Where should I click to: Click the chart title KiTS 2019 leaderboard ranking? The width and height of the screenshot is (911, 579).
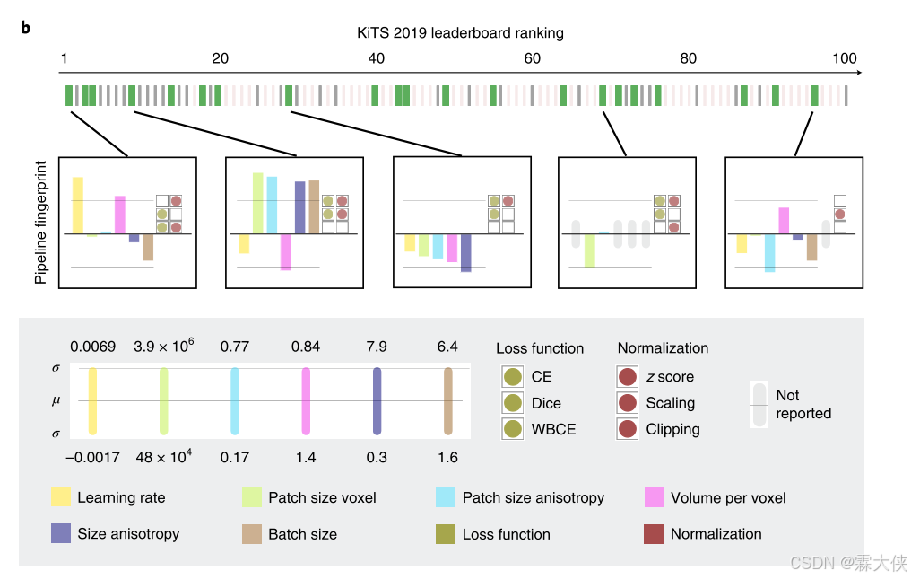coord(459,33)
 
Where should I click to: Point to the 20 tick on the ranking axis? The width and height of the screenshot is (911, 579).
coord(220,59)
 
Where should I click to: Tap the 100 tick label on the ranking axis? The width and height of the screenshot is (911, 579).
coord(844,59)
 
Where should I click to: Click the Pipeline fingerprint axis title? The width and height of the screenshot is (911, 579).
coord(41,224)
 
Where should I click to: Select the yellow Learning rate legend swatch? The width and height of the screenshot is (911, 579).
coord(61,497)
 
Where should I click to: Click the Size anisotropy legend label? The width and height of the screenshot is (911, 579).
coord(128,534)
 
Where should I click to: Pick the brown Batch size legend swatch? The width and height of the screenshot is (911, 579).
coord(253,534)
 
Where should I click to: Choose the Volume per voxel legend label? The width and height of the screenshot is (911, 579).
coord(727,497)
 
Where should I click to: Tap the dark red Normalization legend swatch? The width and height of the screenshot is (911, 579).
coord(655,534)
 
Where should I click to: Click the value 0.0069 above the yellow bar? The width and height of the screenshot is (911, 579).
coord(93,347)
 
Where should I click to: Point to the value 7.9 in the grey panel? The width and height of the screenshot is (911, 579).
coord(377,347)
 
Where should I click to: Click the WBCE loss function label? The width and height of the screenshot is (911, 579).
coord(554,429)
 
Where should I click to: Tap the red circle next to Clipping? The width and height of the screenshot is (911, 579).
coord(629,429)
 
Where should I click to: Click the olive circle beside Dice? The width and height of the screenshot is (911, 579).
coord(513,403)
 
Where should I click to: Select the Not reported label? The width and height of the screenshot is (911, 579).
coord(803,404)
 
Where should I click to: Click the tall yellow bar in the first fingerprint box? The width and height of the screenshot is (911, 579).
coord(78,206)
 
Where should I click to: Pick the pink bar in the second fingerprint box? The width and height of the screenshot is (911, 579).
coord(285,252)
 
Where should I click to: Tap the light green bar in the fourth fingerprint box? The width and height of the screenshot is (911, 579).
coord(589,250)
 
